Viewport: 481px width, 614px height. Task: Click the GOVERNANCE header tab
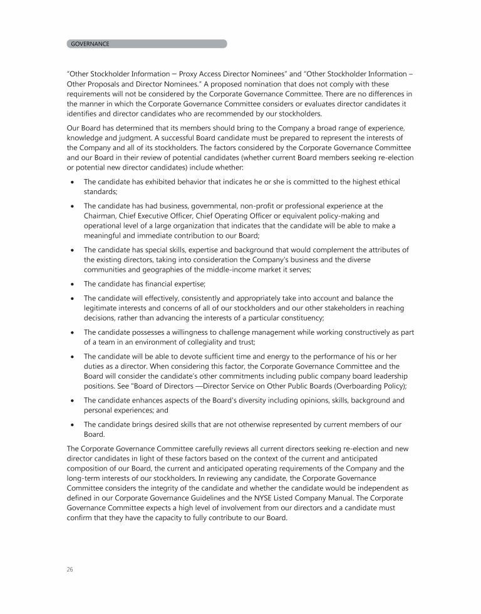147,44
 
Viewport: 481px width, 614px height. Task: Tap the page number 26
70,569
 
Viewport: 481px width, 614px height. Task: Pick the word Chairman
101,216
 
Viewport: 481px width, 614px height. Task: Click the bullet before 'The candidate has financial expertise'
73,285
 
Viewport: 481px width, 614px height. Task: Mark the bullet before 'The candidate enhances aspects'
73,400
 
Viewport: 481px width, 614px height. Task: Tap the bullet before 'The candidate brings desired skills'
73,424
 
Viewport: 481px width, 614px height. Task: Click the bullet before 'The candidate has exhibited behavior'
73,182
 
